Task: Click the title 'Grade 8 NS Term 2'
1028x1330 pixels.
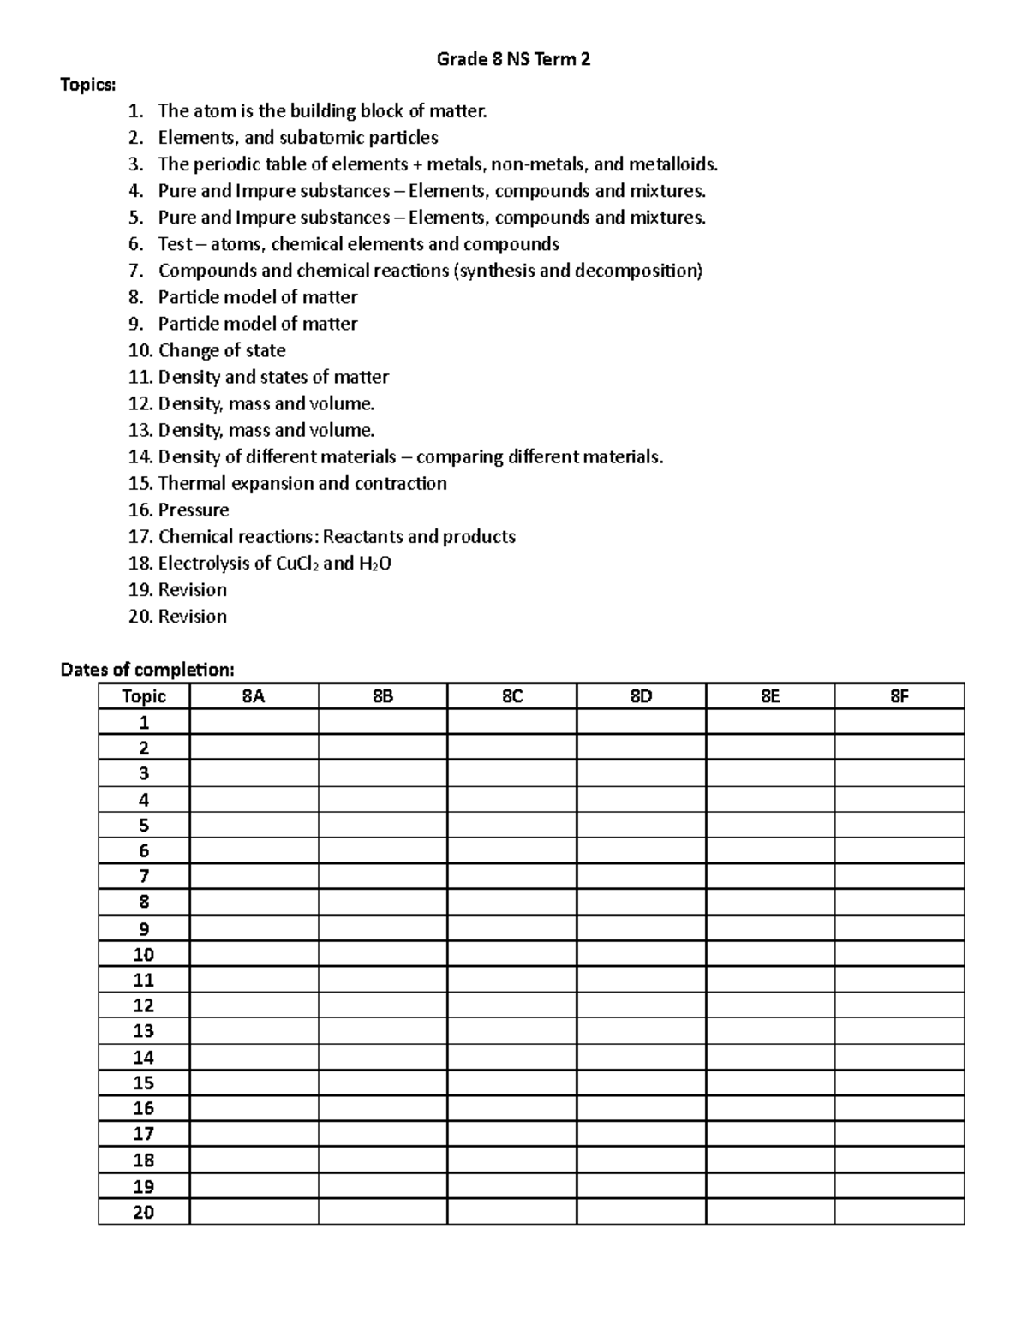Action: click(513, 59)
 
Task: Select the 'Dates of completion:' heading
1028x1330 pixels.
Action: click(146, 669)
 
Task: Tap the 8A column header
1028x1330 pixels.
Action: click(254, 696)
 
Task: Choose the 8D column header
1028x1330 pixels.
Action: click(641, 696)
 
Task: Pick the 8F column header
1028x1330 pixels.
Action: click(899, 696)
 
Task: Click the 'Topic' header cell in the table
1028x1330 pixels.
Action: click(144, 696)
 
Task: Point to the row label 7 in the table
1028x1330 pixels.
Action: click(144, 876)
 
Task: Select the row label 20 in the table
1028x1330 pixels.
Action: click(144, 1212)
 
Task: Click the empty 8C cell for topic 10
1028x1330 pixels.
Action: click(511, 954)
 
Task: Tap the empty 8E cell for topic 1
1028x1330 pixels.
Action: click(769, 722)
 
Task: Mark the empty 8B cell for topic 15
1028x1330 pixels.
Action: click(382, 1083)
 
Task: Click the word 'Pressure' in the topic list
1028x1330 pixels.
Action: click(194, 510)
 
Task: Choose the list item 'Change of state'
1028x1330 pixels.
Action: click(222, 350)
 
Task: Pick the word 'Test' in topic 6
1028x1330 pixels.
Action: click(175, 244)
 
